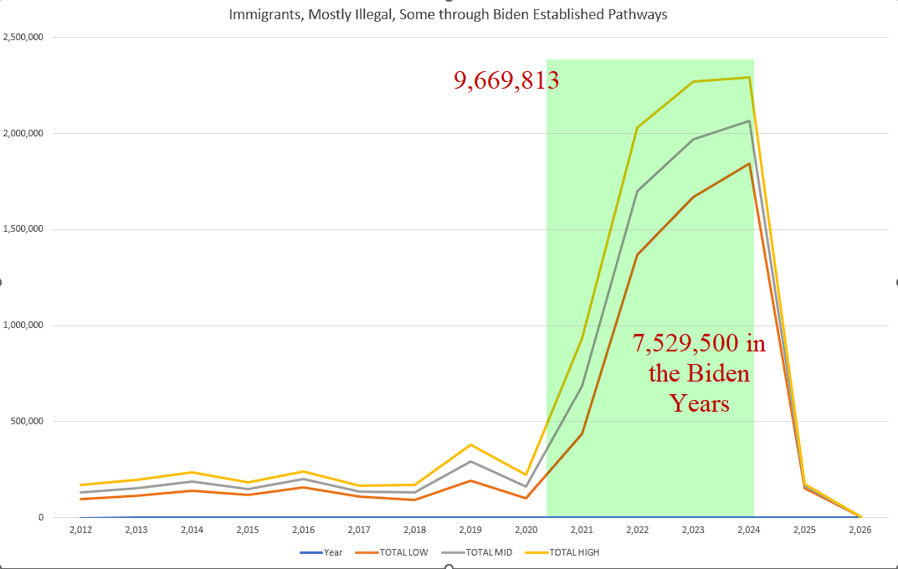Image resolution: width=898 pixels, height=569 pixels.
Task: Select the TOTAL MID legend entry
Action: [x=489, y=552]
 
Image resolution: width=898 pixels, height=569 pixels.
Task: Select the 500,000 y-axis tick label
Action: [x=28, y=422]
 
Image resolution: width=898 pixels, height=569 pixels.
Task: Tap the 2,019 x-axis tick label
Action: [x=470, y=530]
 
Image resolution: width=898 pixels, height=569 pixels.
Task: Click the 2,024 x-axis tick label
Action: [x=748, y=530]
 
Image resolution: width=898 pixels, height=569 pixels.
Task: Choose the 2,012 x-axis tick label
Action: [x=81, y=530]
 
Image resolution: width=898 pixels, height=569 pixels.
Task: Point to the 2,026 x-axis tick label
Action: [x=860, y=530]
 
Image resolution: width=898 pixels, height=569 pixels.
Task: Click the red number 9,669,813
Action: [x=506, y=80]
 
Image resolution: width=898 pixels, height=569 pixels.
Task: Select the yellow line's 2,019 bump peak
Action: [x=470, y=444]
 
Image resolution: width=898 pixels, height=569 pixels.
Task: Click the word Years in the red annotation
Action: [x=699, y=403]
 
